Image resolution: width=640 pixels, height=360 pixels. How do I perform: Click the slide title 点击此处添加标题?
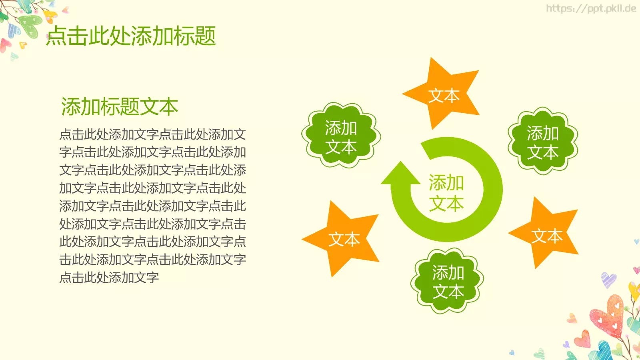click(131, 36)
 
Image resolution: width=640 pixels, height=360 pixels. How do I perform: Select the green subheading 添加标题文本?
click(119, 107)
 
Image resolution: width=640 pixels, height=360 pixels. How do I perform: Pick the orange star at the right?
click(546, 234)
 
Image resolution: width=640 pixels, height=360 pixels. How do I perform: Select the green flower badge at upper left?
click(341, 136)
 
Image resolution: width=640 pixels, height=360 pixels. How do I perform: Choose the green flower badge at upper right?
click(543, 141)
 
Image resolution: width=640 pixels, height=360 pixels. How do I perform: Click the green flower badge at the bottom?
click(448, 281)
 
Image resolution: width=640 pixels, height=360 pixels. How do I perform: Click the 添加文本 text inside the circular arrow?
click(446, 193)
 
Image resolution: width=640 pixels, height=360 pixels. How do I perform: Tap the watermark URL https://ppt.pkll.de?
click(591, 8)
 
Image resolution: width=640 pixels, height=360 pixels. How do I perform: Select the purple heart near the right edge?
click(608, 279)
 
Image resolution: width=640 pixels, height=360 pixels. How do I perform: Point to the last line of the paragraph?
click(109, 277)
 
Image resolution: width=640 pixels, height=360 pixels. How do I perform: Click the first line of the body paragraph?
click(152, 134)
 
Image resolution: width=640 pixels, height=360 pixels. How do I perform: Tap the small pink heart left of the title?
click(5, 45)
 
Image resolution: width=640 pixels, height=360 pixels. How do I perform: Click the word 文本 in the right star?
click(547, 236)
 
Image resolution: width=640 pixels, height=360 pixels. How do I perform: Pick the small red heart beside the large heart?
click(582, 339)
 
